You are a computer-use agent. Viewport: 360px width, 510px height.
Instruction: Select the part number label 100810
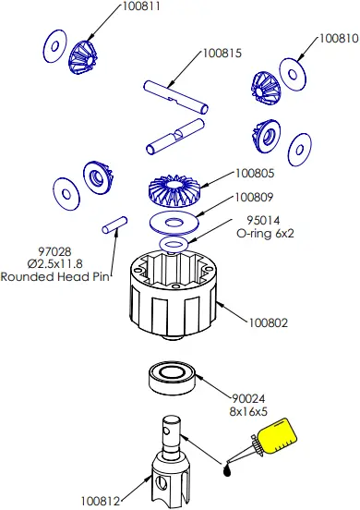338,40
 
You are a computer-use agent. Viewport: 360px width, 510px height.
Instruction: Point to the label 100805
254,173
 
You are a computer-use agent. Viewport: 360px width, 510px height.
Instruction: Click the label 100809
254,197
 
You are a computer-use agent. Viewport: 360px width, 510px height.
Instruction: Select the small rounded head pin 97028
114,225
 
